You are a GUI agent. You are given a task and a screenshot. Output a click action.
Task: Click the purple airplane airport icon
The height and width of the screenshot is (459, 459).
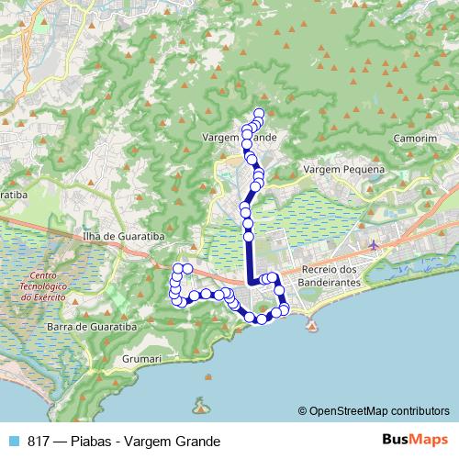click(373, 245)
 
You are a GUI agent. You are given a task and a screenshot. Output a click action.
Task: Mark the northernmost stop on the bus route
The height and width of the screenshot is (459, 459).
click(259, 113)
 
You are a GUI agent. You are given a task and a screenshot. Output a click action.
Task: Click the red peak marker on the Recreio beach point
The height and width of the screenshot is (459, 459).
click(312, 326)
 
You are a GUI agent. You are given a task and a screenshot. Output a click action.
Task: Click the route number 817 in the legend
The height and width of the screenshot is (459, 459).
click(39, 441)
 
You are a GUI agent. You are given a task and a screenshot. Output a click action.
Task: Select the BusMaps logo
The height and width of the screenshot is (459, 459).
click(415, 440)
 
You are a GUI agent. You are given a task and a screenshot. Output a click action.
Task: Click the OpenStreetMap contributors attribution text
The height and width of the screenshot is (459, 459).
click(380, 410)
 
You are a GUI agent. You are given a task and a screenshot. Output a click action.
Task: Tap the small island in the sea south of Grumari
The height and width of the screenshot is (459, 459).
click(200, 405)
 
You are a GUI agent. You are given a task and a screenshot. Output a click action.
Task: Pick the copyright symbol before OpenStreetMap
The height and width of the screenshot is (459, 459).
click(303, 410)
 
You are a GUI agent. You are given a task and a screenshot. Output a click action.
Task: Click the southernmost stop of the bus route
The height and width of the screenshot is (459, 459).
click(261, 319)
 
